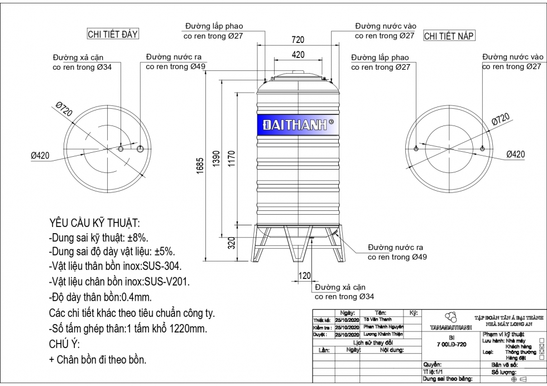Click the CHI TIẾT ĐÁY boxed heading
pos(113,34)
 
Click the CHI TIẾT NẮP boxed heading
pos(449,36)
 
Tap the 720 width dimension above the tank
pos(298,40)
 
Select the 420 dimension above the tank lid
pos(298,55)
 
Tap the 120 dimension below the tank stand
pos(304,276)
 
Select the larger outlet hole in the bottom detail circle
pos(141,149)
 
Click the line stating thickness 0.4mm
pos(100,297)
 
